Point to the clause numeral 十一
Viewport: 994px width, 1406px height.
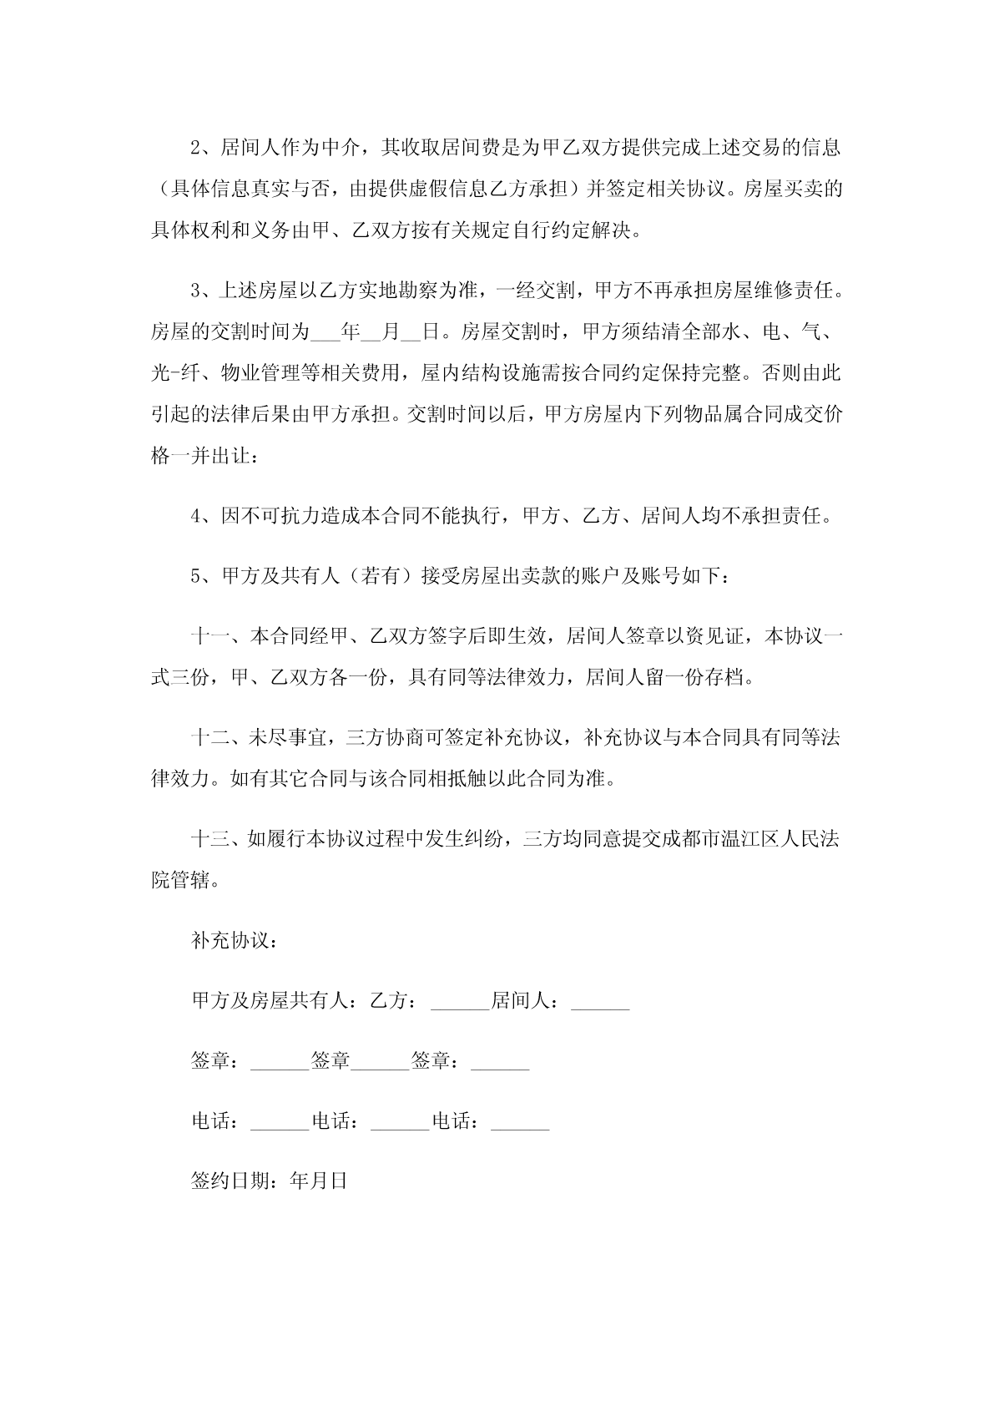tap(209, 636)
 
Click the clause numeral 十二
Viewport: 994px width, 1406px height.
tap(209, 738)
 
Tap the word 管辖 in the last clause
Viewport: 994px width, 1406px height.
tap(190, 880)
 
